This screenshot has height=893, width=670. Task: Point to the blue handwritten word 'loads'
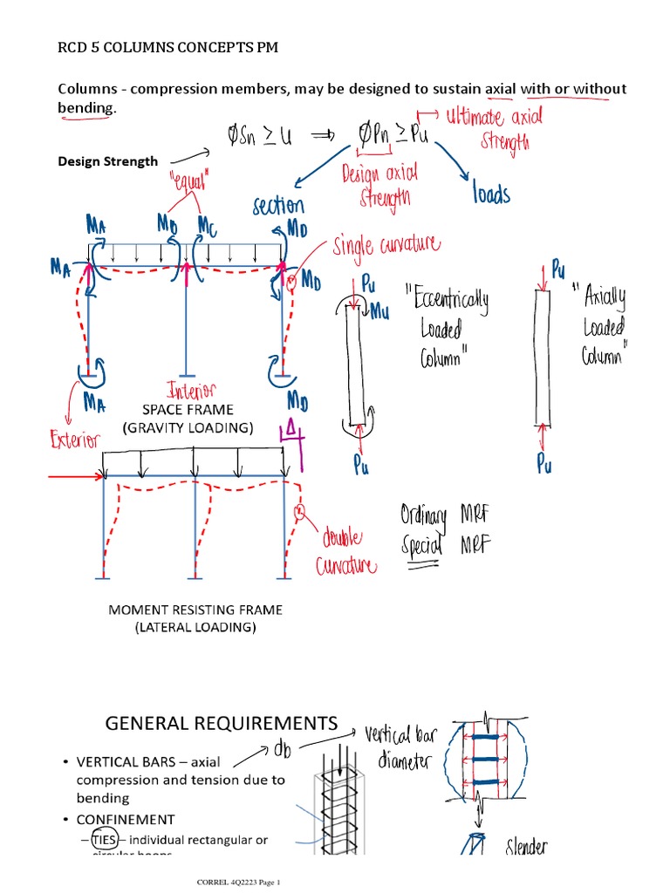pos(491,194)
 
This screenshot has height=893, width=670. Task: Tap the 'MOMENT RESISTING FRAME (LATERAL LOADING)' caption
pos(195,618)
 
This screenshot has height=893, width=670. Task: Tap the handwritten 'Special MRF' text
pos(446,545)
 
